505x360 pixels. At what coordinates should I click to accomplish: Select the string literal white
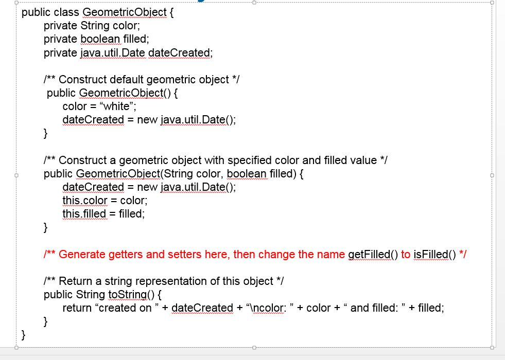pos(116,106)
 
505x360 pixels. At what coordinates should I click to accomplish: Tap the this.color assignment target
pos(85,200)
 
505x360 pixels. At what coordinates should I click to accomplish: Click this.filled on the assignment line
pos(84,213)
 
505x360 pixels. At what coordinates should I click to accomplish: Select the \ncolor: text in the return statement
pos(268,308)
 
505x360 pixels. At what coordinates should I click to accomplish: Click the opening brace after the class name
pos(171,12)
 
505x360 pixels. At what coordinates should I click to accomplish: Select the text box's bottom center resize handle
pos(254,348)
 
